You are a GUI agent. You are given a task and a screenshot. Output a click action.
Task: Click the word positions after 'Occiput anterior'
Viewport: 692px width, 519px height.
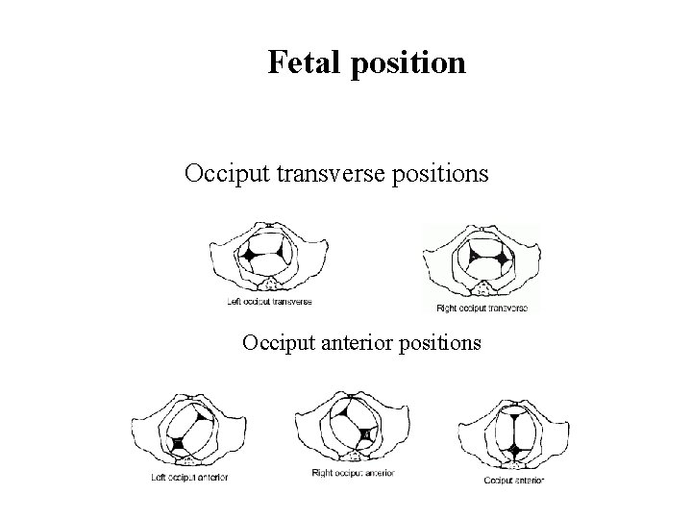(x=445, y=342)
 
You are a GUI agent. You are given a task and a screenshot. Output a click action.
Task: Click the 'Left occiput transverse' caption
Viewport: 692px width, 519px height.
(x=269, y=301)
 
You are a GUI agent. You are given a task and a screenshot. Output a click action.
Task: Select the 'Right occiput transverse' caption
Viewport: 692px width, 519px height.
(x=482, y=309)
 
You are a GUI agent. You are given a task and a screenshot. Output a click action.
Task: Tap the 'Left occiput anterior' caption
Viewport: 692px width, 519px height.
(x=190, y=477)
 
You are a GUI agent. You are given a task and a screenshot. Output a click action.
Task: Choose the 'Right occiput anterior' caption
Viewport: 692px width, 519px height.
(x=353, y=473)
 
